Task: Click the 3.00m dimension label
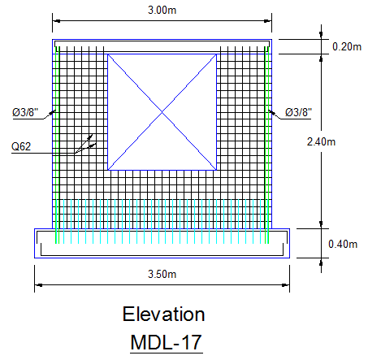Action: click(x=162, y=11)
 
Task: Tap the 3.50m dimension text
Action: click(x=162, y=274)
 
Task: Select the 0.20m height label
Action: click(x=347, y=46)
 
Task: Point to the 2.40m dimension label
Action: click(x=321, y=141)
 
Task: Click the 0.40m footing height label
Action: click(x=343, y=244)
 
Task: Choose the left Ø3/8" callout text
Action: click(x=25, y=112)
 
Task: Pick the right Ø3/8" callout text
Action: click(x=298, y=112)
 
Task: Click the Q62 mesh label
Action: click(x=21, y=146)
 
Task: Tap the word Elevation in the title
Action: click(x=163, y=314)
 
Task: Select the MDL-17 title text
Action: click(x=166, y=342)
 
